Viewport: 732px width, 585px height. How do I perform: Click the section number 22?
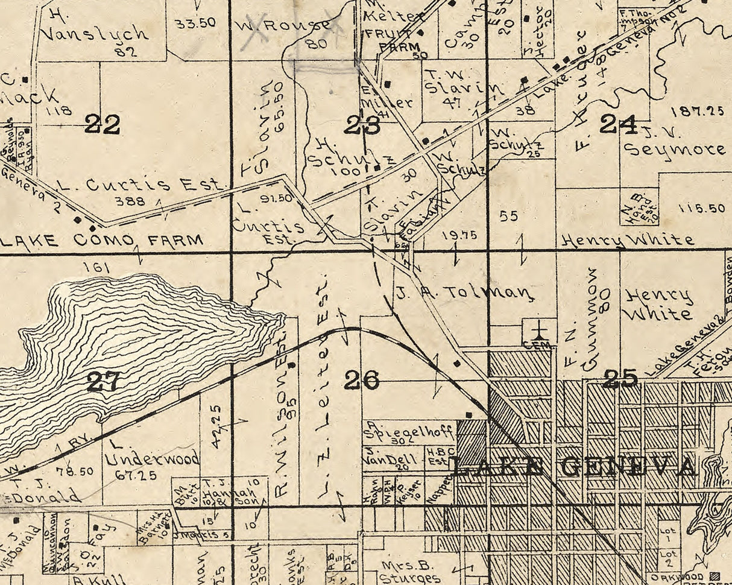(102, 125)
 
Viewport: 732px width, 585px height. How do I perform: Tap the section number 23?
(362, 125)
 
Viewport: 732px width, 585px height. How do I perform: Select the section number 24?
(619, 124)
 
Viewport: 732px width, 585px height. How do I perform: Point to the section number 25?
(620, 379)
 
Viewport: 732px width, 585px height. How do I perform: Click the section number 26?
(362, 380)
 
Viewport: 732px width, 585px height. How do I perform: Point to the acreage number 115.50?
(701, 208)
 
